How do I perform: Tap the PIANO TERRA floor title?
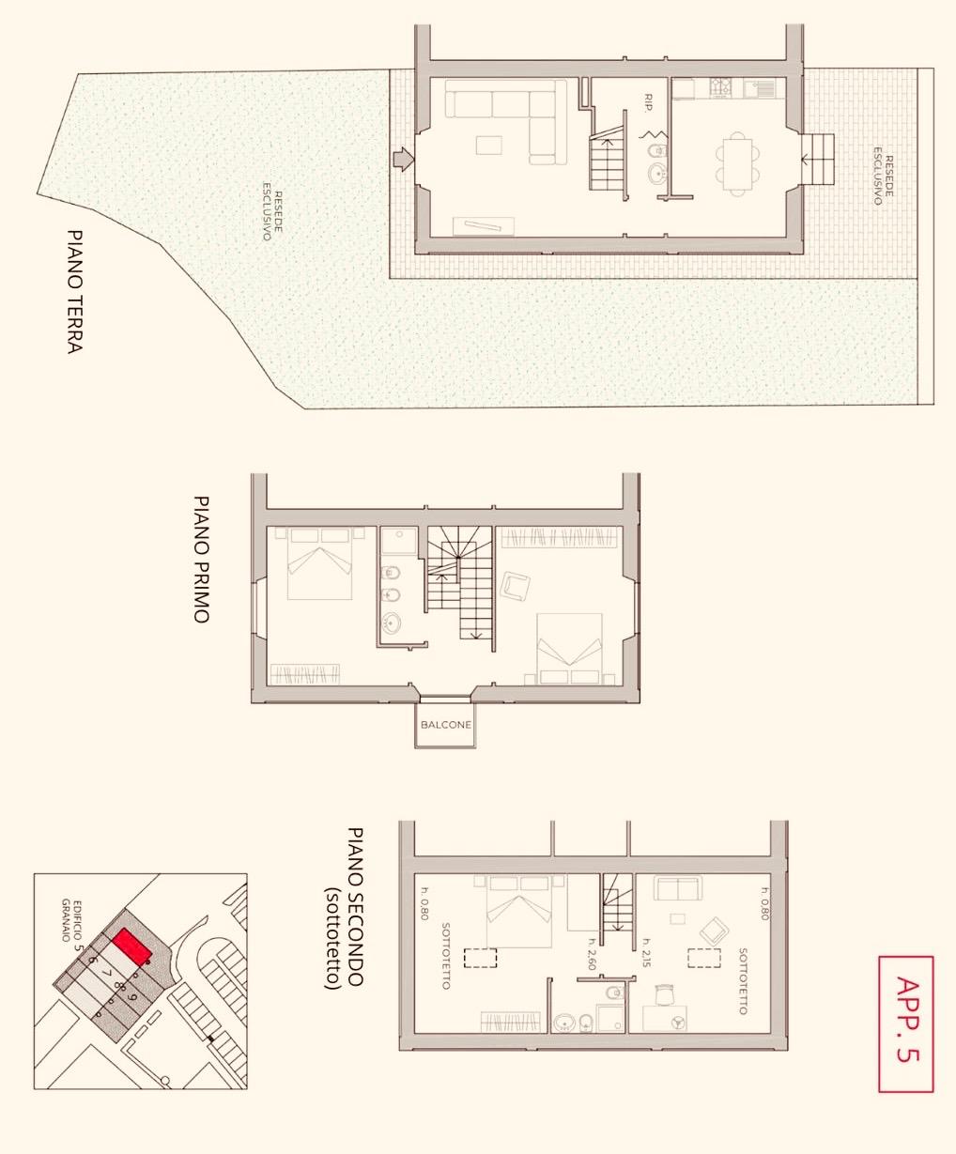pos(74,291)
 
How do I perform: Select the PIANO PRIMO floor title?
pos(201,559)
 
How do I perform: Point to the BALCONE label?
pos(446,725)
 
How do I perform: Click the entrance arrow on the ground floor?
pos(404,159)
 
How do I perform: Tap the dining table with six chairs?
pos(737,163)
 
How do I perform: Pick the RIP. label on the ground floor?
pos(649,102)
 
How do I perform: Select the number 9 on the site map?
pos(131,997)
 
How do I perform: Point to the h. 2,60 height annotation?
pos(593,954)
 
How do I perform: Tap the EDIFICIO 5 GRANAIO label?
pos(72,921)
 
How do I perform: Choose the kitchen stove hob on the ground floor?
pos(720,87)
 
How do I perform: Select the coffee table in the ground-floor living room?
pos(488,146)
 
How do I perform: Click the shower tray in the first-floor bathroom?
pos(399,540)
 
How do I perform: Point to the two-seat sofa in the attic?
pos(678,888)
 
